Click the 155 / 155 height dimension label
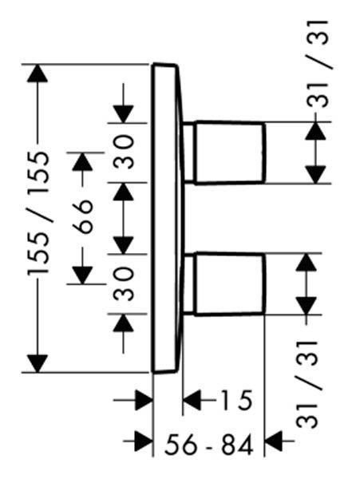[x=38, y=213]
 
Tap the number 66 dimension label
[x=82, y=216]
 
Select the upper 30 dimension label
[x=124, y=152]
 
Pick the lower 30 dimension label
[x=124, y=283]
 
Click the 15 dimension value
[x=235, y=400]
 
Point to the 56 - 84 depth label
[x=209, y=445]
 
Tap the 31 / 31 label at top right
[x=318, y=64]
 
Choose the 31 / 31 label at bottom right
[x=307, y=384]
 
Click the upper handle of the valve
[x=229, y=152]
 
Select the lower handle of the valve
[x=229, y=284]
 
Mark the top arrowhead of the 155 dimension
[x=38, y=73]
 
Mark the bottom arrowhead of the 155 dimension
[x=38, y=363]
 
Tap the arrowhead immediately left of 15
[x=192, y=400]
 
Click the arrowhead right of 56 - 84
[x=274, y=441]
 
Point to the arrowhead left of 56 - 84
[x=144, y=441]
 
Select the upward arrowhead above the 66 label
[x=82, y=161]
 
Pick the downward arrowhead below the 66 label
[x=82, y=275]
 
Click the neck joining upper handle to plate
[x=188, y=152]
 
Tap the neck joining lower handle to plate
[x=188, y=284]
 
